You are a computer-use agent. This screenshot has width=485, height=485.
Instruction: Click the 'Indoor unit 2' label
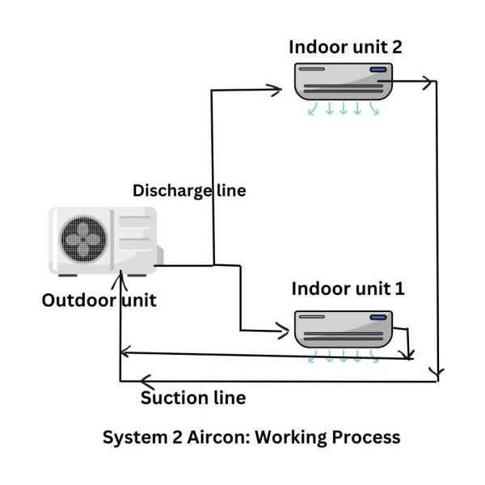coord(345,47)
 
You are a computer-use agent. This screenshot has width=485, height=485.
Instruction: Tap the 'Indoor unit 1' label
coord(348,288)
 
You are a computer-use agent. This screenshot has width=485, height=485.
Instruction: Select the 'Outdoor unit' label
coord(99,301)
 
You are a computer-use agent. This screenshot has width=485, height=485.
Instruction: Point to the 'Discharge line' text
coord(189,191)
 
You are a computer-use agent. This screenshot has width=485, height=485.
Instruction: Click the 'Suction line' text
coord(193,398)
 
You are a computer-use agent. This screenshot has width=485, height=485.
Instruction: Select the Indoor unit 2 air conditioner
coord(343,82)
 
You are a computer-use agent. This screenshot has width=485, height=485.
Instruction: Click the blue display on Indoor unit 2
coord(378,70)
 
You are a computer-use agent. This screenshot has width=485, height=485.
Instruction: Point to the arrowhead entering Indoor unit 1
coord(284,331)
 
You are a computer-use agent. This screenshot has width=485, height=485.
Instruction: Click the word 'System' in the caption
coord(130,437)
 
